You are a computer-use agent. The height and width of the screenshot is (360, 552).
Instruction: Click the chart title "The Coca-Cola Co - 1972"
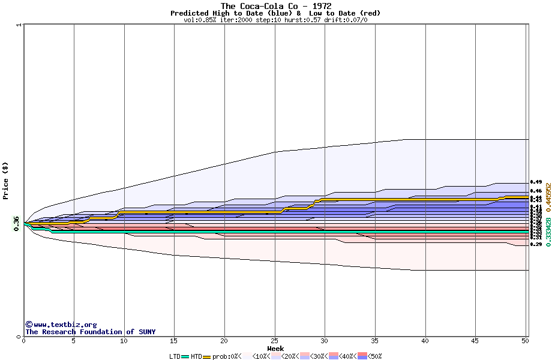click(276, 6)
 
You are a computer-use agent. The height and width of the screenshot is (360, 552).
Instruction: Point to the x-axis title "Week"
click(275, 349)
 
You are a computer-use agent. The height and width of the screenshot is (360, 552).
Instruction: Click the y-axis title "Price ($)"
click(5, 181)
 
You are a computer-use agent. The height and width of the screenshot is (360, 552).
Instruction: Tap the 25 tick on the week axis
click(274, 341)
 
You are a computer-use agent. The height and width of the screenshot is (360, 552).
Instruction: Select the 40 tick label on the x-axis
click(425, 341)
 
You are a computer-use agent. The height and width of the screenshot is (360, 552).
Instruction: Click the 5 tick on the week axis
click(74, 341)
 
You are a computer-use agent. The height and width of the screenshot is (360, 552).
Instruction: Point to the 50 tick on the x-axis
click(525, 341)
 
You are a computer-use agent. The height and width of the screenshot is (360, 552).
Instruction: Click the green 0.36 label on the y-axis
click(17, 223)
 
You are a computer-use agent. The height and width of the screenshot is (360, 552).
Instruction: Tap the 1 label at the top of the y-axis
click(20, 25)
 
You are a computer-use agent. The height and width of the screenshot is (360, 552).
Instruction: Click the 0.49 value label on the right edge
click(536, 182)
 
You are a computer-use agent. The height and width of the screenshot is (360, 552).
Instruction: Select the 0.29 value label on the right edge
click(536, 244)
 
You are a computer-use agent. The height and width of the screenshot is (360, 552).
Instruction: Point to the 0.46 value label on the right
click(536, 191)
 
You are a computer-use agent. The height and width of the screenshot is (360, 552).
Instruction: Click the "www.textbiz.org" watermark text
click(61, 325)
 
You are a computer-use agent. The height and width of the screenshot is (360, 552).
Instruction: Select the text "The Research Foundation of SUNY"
click(90, 332)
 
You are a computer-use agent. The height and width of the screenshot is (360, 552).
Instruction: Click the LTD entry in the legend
click(175, 356)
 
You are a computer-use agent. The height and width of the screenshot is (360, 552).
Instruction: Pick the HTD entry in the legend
click(197, 356)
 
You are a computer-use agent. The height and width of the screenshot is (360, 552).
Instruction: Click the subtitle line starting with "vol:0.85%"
click(275, 20)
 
